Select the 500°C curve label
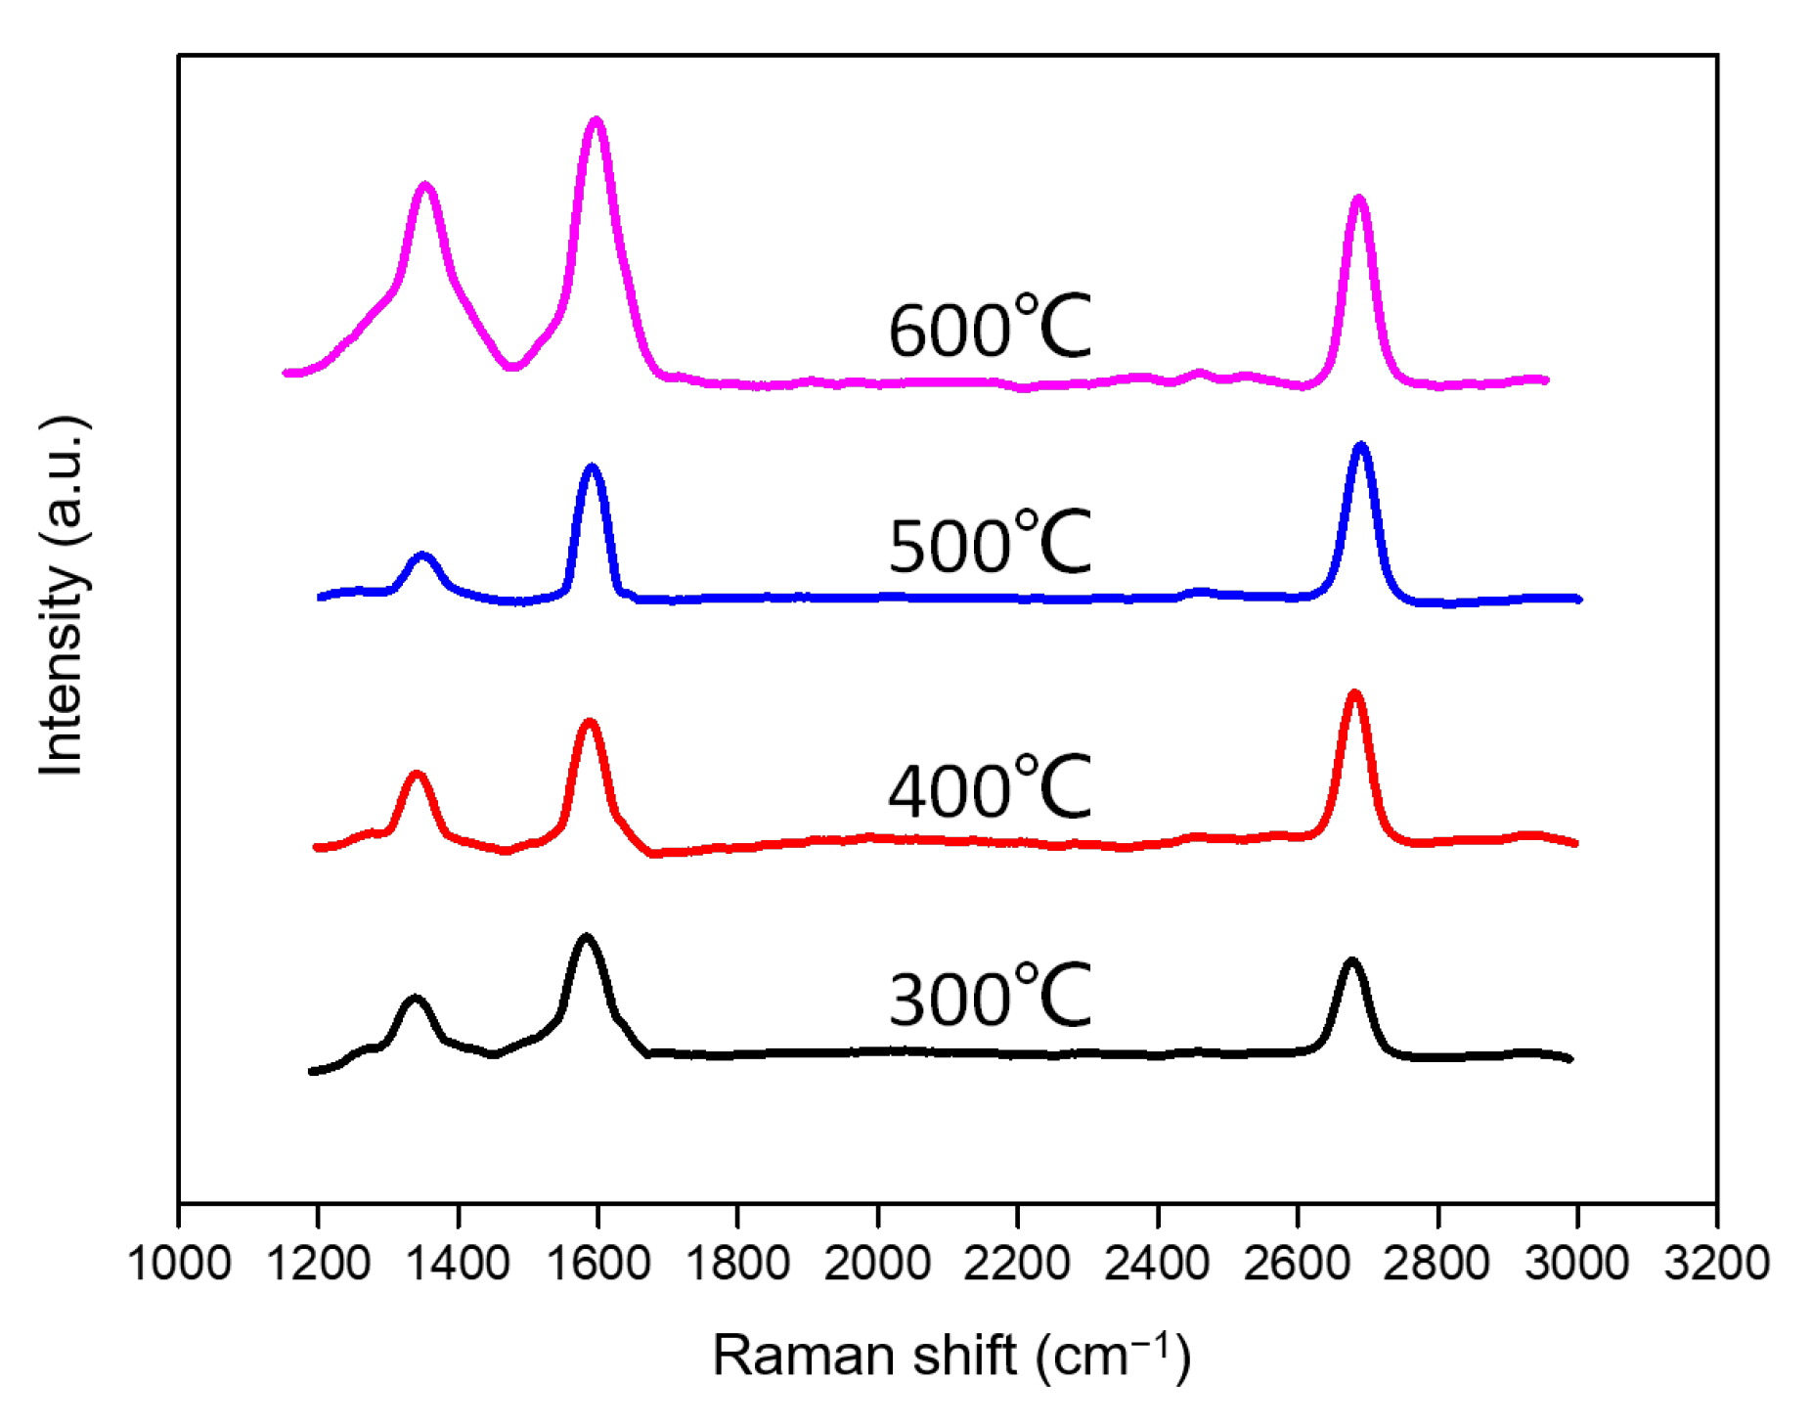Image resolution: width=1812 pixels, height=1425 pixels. [989, 543]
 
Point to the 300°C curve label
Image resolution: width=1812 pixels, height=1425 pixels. [989, 997]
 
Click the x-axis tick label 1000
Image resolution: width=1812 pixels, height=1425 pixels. [179, 1263]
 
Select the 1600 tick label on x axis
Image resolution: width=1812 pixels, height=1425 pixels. [597, 1263]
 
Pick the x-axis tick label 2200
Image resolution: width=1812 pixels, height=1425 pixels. [1017, 1263]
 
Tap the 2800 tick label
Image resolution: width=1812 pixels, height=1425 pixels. [1436, 1263]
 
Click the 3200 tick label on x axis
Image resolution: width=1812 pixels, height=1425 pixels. [1716, 1263]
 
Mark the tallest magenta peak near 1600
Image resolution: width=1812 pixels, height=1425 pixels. [596, 121]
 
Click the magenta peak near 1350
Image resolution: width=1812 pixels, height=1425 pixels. [424, 186]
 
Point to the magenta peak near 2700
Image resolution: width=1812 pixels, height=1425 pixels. [1357, 200]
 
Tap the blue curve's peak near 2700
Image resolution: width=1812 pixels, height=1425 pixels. [1360, 446]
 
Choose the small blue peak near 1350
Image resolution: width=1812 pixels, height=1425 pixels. [422, 556]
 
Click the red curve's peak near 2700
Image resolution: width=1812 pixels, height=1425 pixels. [1354, 693]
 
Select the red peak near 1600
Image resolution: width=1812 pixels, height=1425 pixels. [589, 723]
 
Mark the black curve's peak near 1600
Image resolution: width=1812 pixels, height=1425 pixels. [586, 937]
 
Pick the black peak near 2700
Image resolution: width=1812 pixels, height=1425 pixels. [1351, 961]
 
